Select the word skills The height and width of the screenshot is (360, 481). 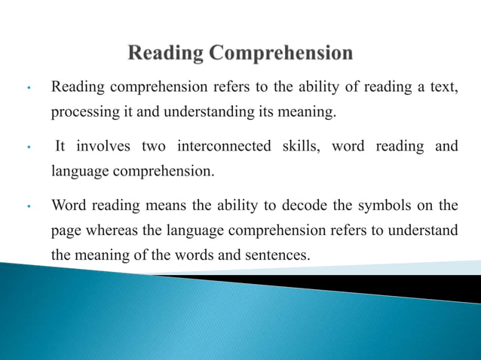[301, 145]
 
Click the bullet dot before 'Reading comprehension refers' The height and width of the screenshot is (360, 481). [27, 89]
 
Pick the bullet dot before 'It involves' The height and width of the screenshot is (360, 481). [27, 146]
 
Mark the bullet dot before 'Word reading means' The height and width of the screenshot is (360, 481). [27, 205]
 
